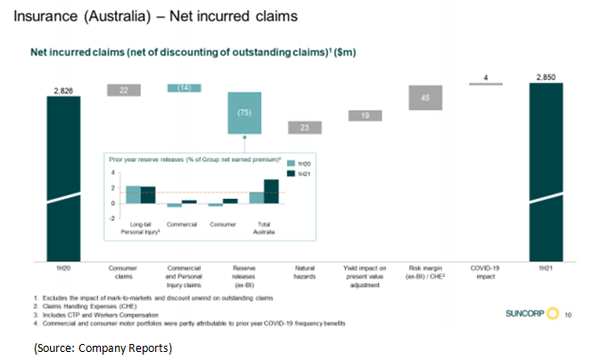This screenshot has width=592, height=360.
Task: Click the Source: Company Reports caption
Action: (99, 347)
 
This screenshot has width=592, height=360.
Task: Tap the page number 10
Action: (569, 315)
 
